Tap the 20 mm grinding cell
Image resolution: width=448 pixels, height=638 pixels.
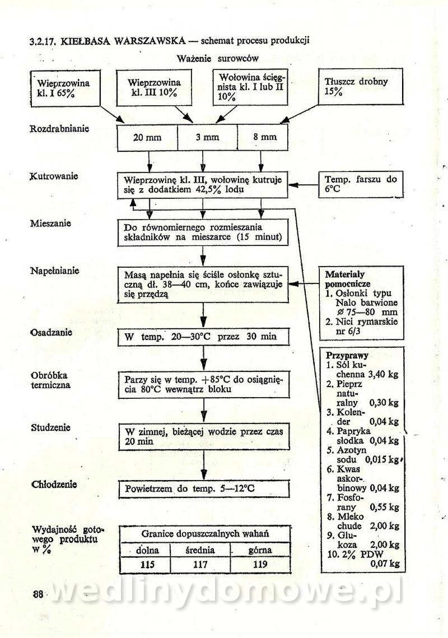(147, 137)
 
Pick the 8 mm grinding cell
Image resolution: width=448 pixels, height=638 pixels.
(265, 137)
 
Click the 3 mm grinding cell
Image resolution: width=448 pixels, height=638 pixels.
(207, 137)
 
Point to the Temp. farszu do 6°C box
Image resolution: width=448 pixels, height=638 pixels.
(361, 184)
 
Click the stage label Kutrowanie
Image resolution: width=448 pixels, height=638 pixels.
(53, 176)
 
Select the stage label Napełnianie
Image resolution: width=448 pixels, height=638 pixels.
(54, 271)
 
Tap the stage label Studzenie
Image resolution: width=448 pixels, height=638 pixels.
(50, 427)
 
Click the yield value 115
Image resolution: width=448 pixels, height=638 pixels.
(147, 565)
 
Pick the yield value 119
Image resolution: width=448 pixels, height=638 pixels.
(260, 565)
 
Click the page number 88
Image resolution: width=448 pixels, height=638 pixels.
(38, 595)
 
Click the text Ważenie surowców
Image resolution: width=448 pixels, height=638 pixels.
(217, 58)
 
